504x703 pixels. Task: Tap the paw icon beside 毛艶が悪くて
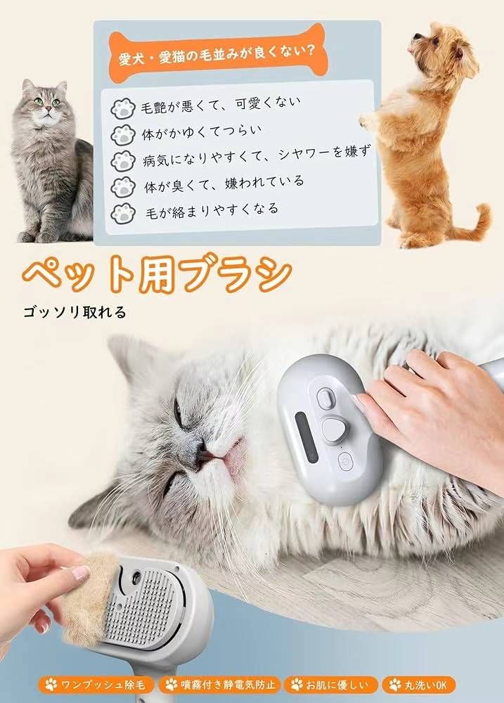tap(123, 108)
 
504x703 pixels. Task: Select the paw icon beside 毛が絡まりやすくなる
tap(123, 214)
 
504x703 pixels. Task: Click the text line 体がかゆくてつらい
tap(202, 132)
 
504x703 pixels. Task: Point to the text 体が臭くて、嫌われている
tap(224, 183)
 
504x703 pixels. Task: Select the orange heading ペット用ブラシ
tap(157, 273)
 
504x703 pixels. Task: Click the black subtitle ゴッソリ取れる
tap(75, 312)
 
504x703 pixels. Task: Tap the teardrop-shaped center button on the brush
tap(335, 430)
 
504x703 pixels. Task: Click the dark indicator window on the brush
tap(306, 437)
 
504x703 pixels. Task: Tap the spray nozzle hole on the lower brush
tap(136, 577)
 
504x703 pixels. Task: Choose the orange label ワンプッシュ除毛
tap(96, 685)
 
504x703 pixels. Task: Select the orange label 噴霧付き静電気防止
tap(220, 685)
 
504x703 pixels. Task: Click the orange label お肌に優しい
tap(330, 685)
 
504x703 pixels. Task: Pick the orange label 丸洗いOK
tap(418, 685)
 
